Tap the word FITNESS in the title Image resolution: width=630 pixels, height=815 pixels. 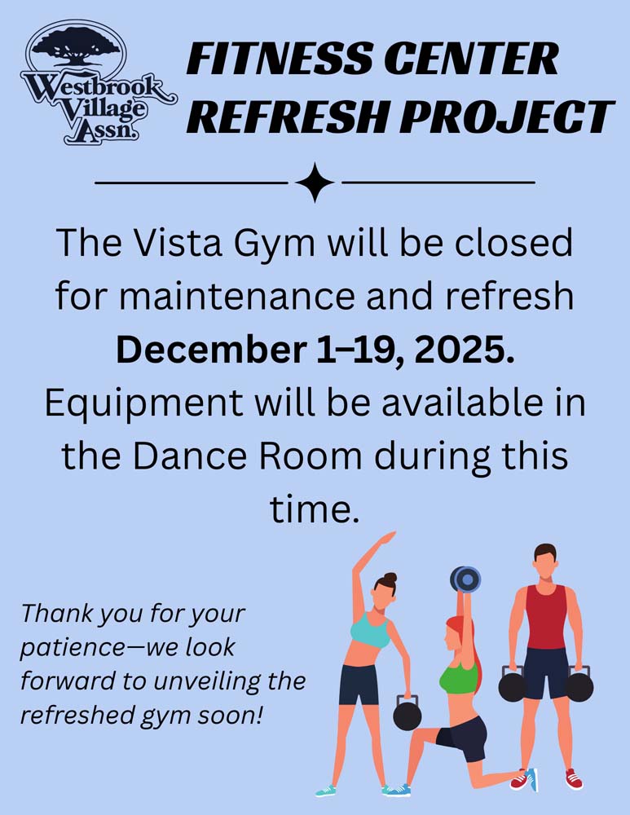click(x=278, y=58)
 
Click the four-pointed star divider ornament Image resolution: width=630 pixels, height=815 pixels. click(x=315, y=183)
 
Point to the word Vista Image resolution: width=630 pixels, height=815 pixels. click(x=178, y=243)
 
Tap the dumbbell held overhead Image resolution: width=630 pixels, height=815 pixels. click(x=465, y=579)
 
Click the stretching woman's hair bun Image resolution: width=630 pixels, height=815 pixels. click(x=390, y=578)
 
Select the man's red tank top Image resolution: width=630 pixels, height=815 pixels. click(x=546, y=616)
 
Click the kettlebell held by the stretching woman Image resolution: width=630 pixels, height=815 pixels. click(x=407, y=713)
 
